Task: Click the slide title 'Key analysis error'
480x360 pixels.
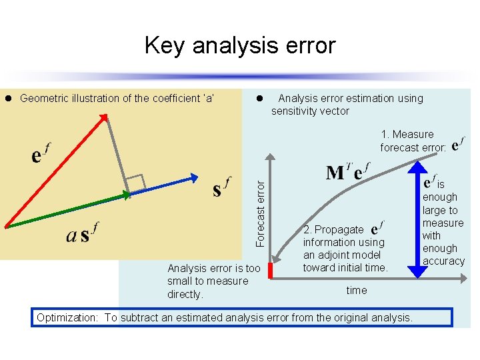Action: click(x=240, y=45)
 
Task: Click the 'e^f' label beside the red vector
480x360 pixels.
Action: click(x=39, y=155)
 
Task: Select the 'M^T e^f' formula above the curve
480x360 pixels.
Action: click(x=345, y=172)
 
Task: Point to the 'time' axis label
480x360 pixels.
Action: click(x=356, y=290)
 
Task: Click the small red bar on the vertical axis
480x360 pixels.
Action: click(x=271, y=270)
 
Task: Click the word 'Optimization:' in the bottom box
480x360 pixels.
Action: click(x=67, y=317)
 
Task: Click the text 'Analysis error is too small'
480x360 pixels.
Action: click(x=213, y=275)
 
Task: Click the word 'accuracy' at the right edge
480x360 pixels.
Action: click(x=443, y=261)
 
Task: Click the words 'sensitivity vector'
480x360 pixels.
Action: click(x=310, y=111)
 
